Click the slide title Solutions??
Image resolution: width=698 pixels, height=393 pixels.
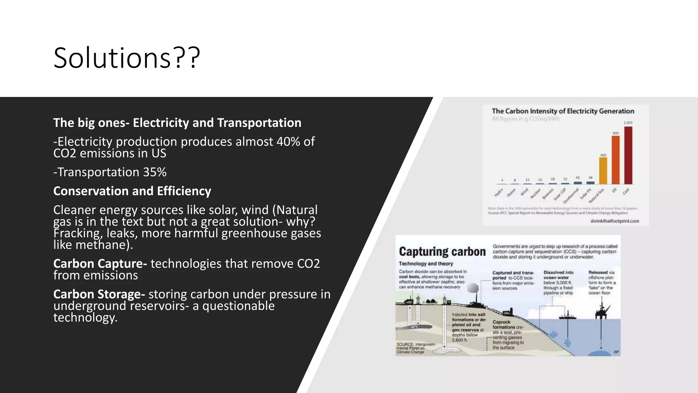click(x=127, y=58)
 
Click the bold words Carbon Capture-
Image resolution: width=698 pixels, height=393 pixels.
click(x=100, y=264)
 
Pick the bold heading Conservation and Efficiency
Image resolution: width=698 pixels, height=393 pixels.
click(x=132, y=191)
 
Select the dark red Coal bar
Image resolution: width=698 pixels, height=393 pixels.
click(x=628, y=156)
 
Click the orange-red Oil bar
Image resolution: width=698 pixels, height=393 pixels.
click(x=616, y=160)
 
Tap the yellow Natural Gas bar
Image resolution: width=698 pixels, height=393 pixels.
click(x=603, y=171)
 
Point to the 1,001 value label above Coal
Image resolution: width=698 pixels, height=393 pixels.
click(x=628, y=123)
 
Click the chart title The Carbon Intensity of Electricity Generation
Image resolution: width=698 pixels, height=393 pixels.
click(x=563, y=111)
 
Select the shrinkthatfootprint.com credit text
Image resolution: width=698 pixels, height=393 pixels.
click(x=614, y=221)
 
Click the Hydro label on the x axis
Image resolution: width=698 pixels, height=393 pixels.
click(x=499, y=193)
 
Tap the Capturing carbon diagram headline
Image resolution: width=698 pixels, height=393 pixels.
click(x=442, y=252)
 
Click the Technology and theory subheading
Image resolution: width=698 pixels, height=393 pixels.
click(x=426, y=264)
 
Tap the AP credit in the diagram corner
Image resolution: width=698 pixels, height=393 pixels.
click(x=616, y=352)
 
